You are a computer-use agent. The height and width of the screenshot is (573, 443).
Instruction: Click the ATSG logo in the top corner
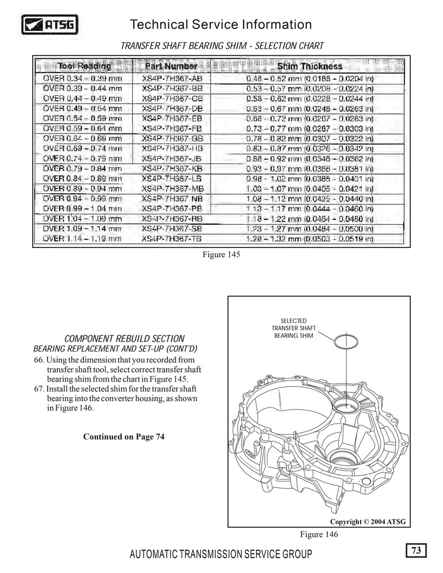click(x=50, y=24)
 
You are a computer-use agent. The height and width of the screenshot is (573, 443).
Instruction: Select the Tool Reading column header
click(x=85, y=66)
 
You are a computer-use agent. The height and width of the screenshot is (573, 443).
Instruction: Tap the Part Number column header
click(x=171, y=66)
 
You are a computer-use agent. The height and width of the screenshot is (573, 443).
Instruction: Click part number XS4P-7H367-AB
click(x=172, y=79)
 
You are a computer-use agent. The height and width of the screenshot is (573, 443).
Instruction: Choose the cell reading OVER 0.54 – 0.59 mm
click(x=83, y=118)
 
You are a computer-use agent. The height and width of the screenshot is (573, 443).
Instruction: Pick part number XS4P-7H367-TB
click(x=172, y=239)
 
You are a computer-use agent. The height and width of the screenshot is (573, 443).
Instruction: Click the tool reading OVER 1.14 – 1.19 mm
click(x=83, y=239)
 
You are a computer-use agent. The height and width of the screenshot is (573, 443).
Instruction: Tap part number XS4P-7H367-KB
click(x=172, y=168)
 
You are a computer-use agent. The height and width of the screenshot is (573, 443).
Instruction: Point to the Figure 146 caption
click(x=319, y=534)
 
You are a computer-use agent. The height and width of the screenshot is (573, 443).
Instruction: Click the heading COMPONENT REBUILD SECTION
click(x=125, y=338)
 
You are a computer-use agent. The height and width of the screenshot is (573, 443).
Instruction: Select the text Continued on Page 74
click(x=124, y=437)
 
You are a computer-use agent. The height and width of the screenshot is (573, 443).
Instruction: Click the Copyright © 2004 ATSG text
click(x=368, y=522)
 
